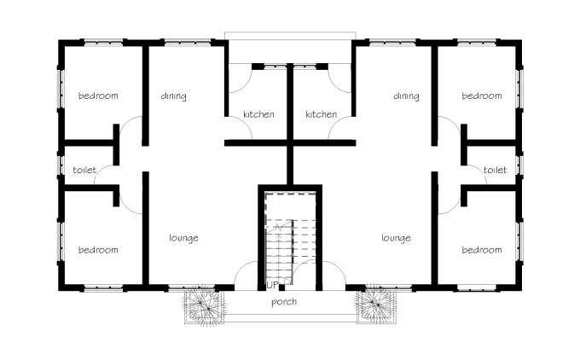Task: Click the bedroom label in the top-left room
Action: [98, 96]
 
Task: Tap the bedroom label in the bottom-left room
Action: [98, 250]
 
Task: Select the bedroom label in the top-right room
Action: [481, 96]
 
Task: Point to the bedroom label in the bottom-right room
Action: [481, 250]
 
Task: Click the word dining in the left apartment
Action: [173, 96]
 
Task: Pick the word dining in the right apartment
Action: [406, 96]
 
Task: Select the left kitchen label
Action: [258, 114]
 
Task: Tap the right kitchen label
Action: [321, 114]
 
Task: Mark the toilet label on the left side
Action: [84, 170]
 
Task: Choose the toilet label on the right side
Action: [495, 170]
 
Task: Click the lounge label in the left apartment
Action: [183, 238]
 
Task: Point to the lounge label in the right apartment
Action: [396, 238]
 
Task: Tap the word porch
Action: [283, 302]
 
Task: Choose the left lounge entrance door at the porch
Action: [246, 276]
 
